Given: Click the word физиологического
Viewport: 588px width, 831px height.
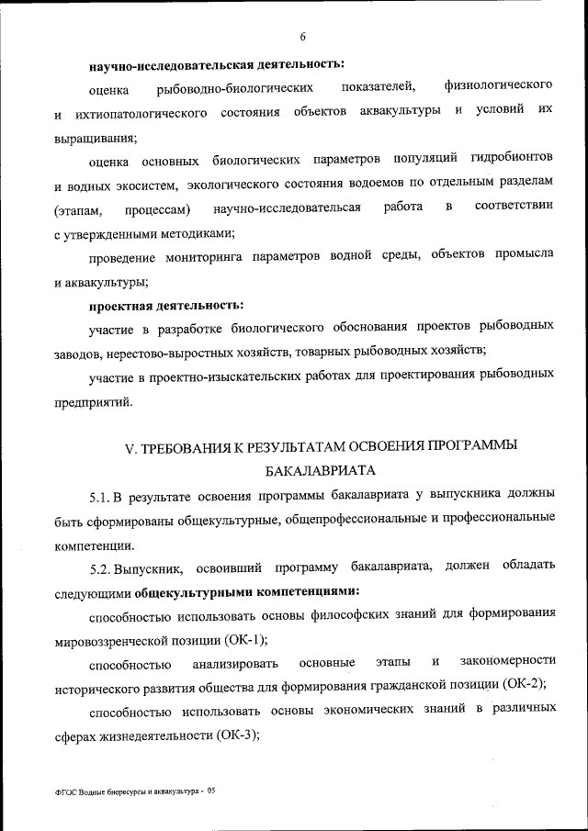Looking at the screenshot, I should pyautogui.click(x=498, y=86).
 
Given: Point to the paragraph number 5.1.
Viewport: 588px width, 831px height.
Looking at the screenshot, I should pyautogui.click(x=106, y=498).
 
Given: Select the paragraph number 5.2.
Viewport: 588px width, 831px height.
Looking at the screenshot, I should pyautogui.click(x=106, y=567).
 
